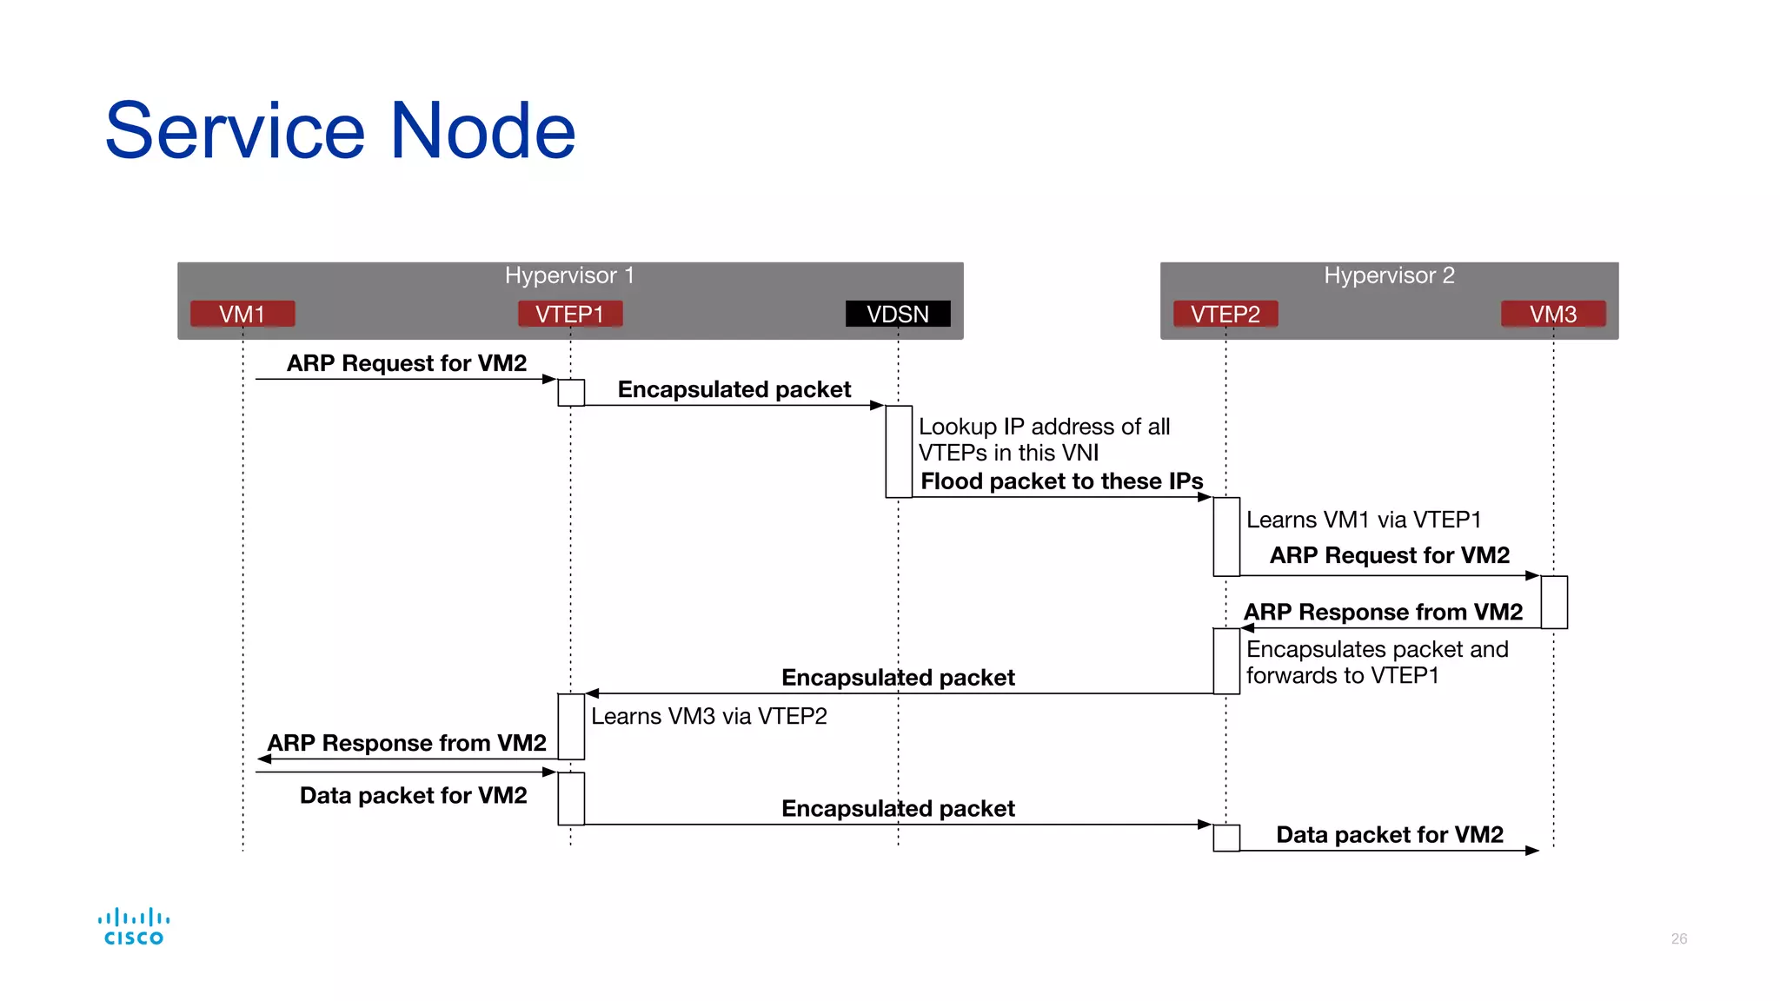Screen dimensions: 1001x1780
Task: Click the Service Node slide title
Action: [340, 130]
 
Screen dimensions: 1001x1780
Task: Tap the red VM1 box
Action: [242, 314]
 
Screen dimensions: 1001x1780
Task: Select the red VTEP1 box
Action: [570, 314]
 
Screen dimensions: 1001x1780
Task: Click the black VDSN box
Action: [898, 314]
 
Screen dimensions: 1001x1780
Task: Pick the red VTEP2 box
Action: [1225, 314]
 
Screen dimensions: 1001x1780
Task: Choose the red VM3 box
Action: [1553, 314]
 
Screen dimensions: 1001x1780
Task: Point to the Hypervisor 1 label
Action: [569, 275]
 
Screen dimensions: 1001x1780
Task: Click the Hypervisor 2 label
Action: [1389, 275]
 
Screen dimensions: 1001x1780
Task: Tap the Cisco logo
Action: [134, 926]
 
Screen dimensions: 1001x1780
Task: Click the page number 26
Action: [1678, 938]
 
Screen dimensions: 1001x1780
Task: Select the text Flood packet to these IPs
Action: [1061, 481]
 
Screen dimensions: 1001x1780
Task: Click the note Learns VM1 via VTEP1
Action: [1363, 520]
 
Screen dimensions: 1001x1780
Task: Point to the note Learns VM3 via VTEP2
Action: [708, 716]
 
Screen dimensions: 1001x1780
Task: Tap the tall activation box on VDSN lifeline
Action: [899, 451]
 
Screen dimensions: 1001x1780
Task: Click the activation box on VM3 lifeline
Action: [1554, 601]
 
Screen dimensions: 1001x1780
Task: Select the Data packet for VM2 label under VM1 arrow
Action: [413, 795]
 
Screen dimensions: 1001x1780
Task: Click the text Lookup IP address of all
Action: [1044, 427]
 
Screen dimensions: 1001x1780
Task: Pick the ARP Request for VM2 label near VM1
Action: [407, 363]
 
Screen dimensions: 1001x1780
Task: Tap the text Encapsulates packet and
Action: [1377, 649]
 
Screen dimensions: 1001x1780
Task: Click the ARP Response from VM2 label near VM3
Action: [1383, 612]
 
